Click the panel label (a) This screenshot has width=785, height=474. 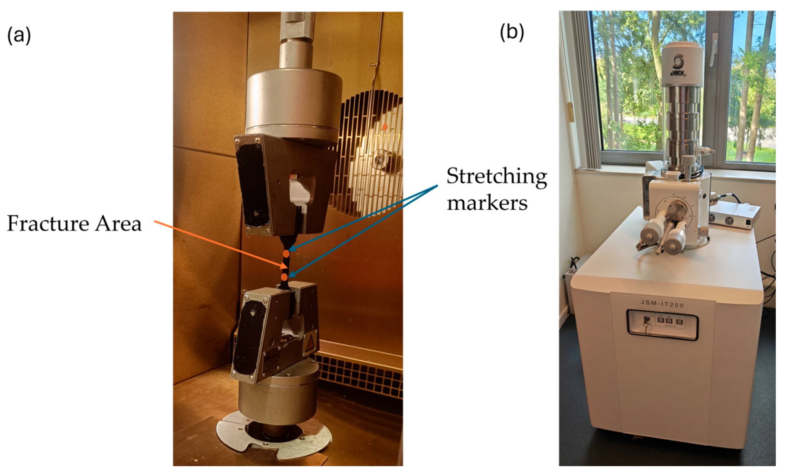click(x=19, y=35)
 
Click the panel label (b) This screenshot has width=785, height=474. click(x=512, y=32)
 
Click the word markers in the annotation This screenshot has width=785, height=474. click(x=487, y=203)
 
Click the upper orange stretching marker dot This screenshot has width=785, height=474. click(x=286, y=253)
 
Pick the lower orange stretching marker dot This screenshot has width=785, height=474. click(x=284, y=277)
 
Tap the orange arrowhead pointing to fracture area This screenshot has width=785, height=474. click(x=283, y=266)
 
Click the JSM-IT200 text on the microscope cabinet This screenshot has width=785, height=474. click(x=662, y=303)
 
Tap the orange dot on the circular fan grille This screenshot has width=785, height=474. click(x=384, y=127)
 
